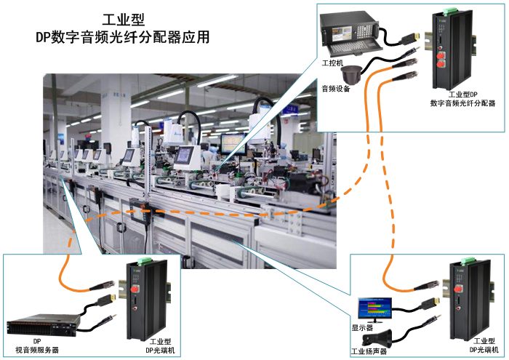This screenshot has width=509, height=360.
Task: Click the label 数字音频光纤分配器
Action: tap(462, 104)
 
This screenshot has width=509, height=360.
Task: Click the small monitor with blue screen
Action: tap(373, 309)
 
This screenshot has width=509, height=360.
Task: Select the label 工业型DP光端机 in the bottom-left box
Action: tap(164, 345)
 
